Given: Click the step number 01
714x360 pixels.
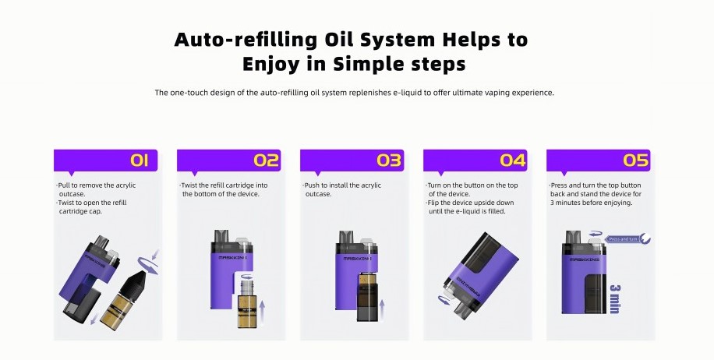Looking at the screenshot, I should (140, 161).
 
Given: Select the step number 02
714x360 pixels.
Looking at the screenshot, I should (266, 161).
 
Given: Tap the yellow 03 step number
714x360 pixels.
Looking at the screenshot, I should (389, 161).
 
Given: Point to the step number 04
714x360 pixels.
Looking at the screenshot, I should (513, 161).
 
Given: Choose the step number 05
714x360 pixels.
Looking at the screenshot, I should (636, 161).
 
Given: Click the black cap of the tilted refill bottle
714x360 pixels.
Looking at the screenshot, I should (129, 274).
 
